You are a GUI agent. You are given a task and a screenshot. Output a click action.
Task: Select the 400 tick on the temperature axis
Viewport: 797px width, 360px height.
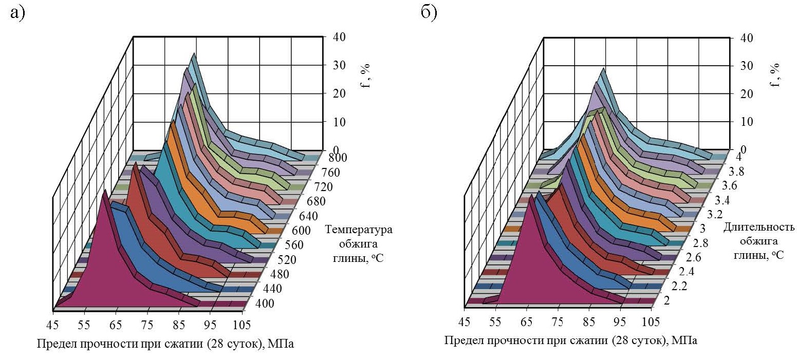click(264, 303)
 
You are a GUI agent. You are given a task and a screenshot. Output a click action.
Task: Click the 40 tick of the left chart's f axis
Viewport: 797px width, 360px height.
click(339, 37)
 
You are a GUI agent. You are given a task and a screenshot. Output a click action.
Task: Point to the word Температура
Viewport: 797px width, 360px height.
click(362, 230)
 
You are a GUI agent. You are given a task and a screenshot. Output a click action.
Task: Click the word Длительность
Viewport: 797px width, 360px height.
click(759, 227)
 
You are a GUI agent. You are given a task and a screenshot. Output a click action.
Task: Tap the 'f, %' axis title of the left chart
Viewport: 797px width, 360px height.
click(366, 75)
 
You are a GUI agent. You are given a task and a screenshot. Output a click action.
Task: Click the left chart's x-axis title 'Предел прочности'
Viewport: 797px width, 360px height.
click(90, 344)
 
